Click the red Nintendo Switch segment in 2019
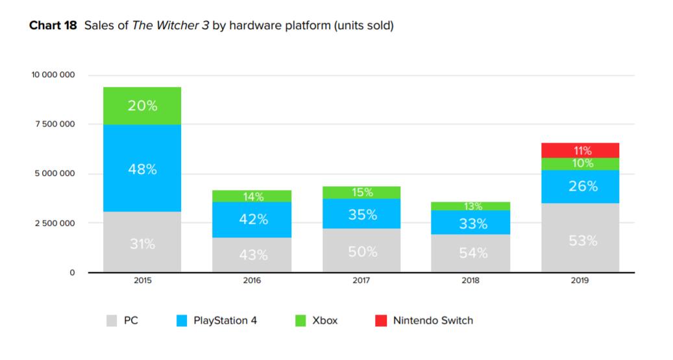coord(580,150)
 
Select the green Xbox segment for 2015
coord(142,106)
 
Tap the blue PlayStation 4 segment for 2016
coord(253,220)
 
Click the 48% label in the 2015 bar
coord(142,169)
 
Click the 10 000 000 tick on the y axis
coord(53,75)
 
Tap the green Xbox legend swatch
coord(300,320)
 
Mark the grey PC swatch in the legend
coord(112,320)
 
